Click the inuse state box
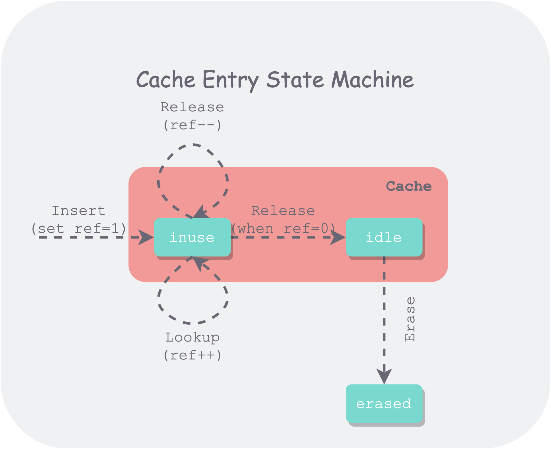192,237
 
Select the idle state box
384,237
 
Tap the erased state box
384,404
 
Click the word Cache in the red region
409,186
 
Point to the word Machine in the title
373,80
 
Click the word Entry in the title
230,80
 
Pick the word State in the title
295,80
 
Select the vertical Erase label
410,319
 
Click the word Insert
79,211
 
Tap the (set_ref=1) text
79,229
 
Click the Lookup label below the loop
192,337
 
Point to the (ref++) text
192,355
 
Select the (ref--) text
192,125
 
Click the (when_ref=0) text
283,229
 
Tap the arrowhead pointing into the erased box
384,376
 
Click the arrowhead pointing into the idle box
338,238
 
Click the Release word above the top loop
192,107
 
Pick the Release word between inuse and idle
283,211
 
